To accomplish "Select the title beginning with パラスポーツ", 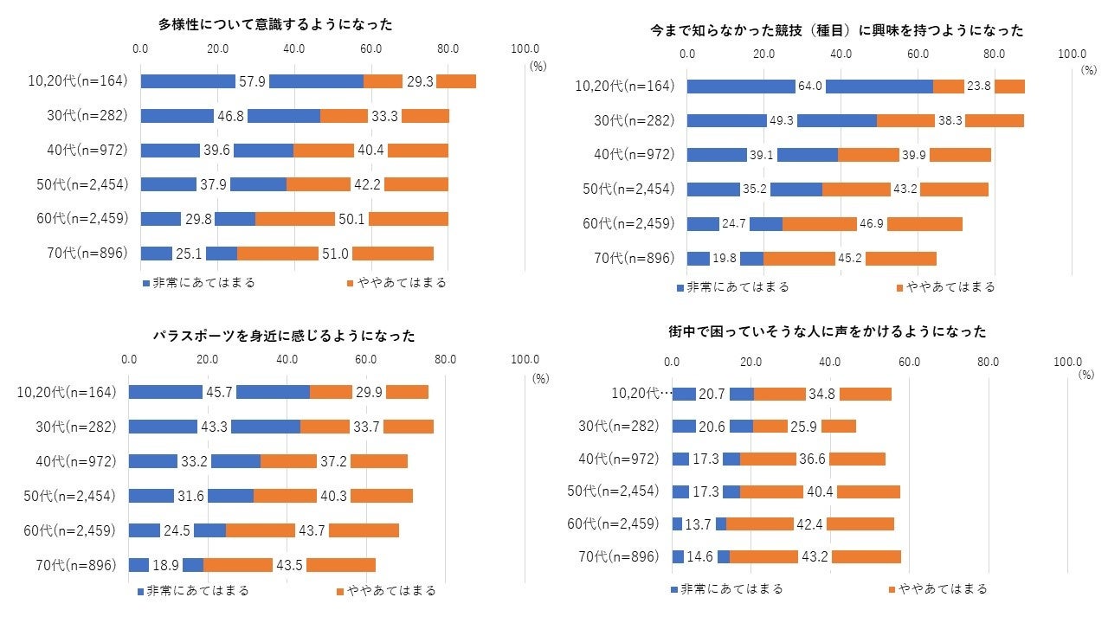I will (284, 336).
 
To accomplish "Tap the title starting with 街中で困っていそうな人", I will (828, 331).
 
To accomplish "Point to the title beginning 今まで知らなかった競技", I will (837, 30).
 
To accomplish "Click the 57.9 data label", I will (252, 81).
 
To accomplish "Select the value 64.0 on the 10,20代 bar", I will (810, 87).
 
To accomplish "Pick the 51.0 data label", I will (335, 254).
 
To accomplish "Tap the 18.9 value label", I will (165, 565).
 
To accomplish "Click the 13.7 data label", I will (699, 523).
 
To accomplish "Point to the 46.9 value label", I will (872, 224).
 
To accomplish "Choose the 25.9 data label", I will (804, 426).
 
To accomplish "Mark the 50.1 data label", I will (351, 219).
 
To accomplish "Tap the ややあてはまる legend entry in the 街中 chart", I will (938, 589).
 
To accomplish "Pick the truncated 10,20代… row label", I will (641, 393).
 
